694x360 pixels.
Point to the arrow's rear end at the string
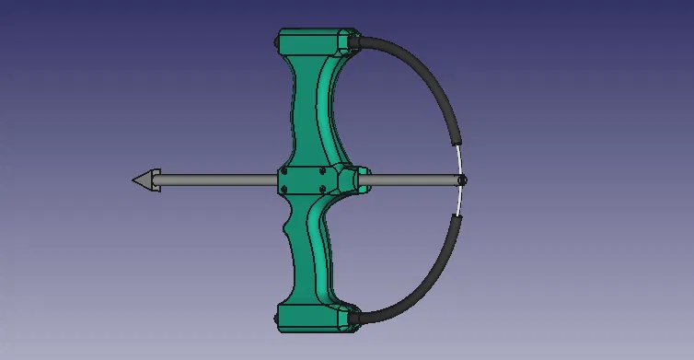coord(462,180)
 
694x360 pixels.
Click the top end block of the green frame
coord(314,41)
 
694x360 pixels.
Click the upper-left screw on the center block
coord(285,170)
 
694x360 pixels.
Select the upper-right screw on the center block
coord(321,170)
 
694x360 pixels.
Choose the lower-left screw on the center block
coord(285,190)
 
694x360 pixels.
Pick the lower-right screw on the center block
coord(321,190)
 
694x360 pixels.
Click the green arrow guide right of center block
coord(354,180)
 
